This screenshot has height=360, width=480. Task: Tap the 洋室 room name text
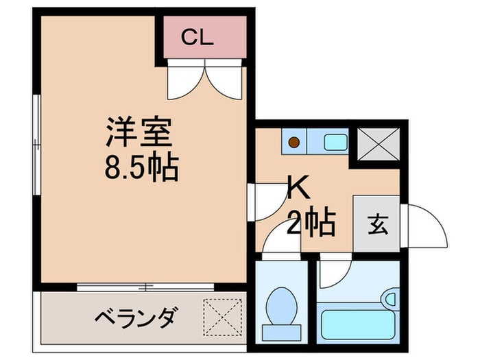(x=137, y=133)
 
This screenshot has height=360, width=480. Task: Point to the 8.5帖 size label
(x=142, y=167)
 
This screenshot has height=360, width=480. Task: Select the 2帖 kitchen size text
(x=311, y=221)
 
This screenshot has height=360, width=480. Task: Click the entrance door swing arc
(x=427, y=226)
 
